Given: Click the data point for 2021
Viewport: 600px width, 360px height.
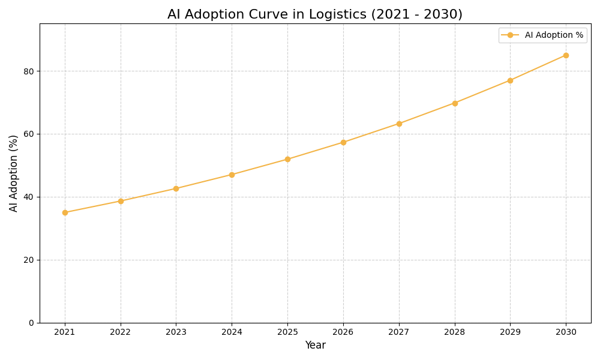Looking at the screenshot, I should (65, 212).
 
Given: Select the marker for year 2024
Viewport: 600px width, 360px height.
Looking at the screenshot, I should (232, 175).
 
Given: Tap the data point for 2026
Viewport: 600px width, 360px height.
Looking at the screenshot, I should (343, 142).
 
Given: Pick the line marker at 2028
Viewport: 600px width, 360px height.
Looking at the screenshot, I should (455, 103).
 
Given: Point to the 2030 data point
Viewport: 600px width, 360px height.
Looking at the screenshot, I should (566, 55).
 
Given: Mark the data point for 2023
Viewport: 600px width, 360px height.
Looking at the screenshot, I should (176, 188).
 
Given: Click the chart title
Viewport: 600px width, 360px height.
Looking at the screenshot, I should (315, 14).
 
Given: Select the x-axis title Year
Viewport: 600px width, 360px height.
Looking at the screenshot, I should (315, 346).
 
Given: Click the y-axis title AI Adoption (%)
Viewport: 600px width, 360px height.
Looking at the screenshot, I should (14, 173).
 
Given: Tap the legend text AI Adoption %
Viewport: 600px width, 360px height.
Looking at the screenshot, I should (554, 35).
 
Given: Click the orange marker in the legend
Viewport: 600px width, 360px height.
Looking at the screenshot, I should (510, 35).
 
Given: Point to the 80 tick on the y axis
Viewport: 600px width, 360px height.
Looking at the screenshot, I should (29, 71).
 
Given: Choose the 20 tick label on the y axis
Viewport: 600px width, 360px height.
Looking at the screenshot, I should (29, 260).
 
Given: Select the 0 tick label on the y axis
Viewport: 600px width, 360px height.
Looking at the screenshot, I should (31, 323).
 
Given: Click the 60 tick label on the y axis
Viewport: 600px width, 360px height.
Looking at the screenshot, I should (29, 134).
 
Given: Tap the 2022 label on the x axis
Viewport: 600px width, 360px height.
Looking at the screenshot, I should (121, 332).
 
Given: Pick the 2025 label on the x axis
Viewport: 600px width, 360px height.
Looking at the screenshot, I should (287, 332).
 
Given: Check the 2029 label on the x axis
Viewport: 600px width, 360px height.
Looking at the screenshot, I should (510, 332).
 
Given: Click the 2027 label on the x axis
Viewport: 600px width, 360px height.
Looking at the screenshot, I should (399, 332).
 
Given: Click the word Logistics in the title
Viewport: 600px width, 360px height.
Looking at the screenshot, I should (337, 14).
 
